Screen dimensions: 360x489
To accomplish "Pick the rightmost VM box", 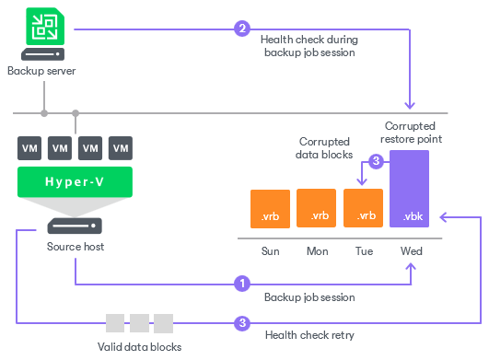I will tap(120, 147).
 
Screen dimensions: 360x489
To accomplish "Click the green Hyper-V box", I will tap(75, 181).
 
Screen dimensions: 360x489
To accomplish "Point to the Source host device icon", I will tap(76, 226).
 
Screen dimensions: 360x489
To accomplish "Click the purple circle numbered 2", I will tap(242, 29).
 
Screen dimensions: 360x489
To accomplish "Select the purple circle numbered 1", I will tap(242, 284).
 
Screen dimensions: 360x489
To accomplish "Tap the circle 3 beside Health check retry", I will tap(242, 323).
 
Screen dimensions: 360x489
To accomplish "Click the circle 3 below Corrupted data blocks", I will tap(375, 162).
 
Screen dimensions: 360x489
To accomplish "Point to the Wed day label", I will tap(411, 250).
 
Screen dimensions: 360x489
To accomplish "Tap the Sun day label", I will tap(271, 250).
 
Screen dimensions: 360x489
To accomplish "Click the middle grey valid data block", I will tap(139, 323).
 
